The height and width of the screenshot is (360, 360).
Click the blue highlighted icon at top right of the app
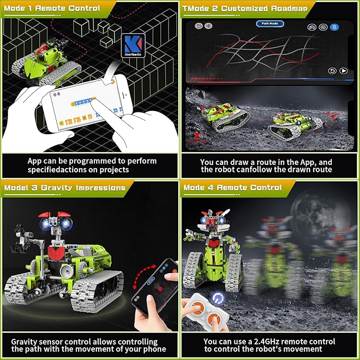coord(335,27)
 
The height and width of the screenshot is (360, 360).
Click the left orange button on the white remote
coord(196,319)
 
